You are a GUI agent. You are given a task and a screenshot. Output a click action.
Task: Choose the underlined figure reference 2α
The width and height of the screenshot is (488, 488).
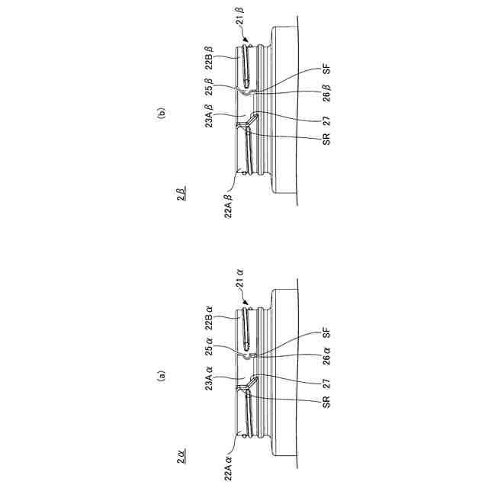click(181, 457)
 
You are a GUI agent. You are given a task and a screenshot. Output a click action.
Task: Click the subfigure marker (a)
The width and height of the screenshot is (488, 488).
click(161, 375)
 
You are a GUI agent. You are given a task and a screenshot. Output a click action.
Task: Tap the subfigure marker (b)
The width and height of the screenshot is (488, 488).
click(161, 114)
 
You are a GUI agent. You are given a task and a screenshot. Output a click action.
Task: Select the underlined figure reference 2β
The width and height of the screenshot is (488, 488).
click(181, 196)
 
